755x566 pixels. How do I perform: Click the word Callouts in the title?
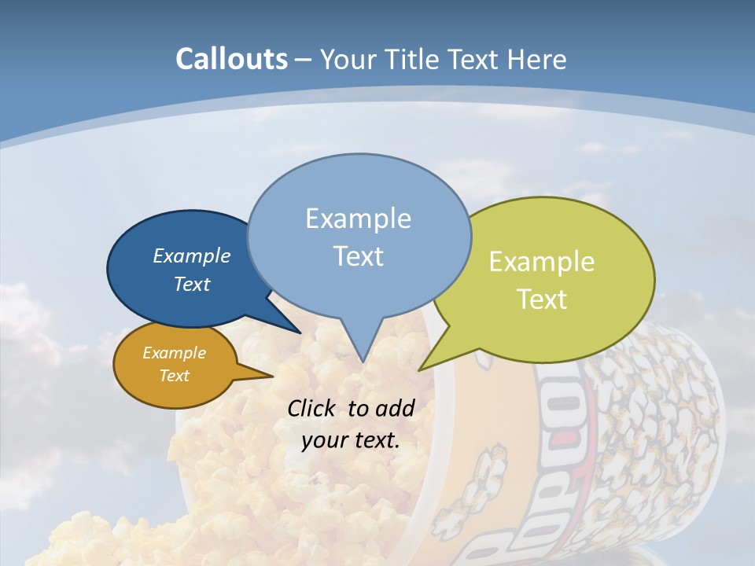[231, 59]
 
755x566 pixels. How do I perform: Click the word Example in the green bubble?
[542, 262]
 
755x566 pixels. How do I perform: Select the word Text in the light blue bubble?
[359, 255]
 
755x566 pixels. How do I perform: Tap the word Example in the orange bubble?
[174, 353]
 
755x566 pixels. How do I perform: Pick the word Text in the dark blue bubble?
[192, 284]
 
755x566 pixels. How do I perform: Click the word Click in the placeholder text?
[313, 408]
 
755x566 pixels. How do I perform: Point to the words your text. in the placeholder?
[351, 440]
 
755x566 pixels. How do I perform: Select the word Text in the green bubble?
[542, 299]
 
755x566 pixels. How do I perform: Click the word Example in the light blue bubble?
[359, 218]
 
